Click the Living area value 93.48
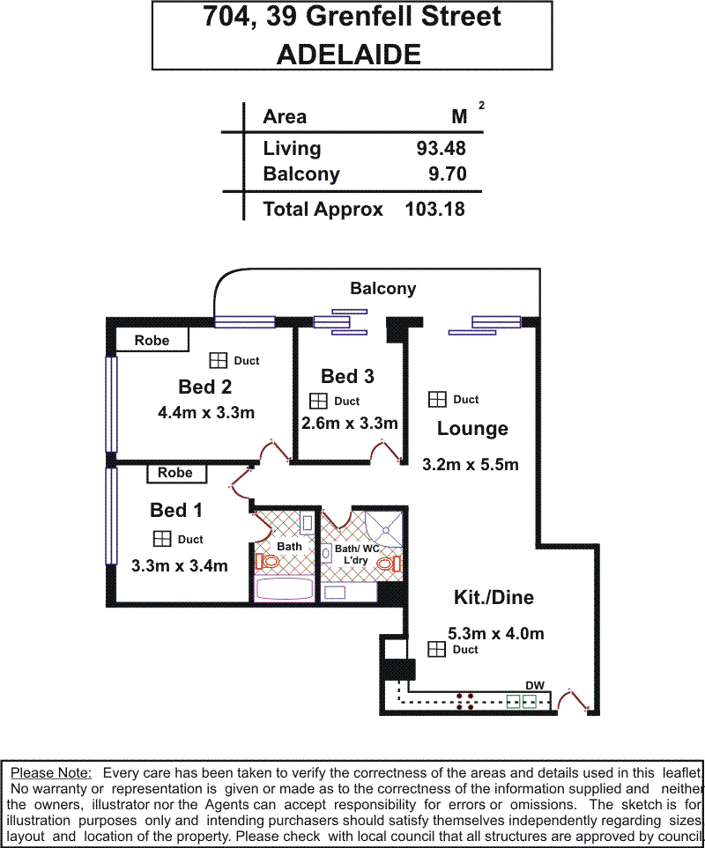pyautogui.click(x=441, y=148)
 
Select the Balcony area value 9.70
pyautogui.click(x=448, y=174)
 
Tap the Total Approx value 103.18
pyautogui.click(x=435, y=210)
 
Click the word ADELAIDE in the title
pyautogui.click(x=349, y=55)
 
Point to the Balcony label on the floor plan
pyautogui.click(x=383, y=289)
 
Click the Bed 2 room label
pyautogui.click(x=205, y=387)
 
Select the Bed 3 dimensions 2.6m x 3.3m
pyautogui.click(x=350, y=423)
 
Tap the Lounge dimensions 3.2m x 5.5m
pyautogui.click(x=471, y=465)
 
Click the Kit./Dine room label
pyautogui.click(x=494, y=598)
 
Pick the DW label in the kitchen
pyautogui.click(x=535, y=686)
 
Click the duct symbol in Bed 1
pyautogui.click(x=162, y=539)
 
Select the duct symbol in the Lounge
pyautogui.click(x=437, y=399)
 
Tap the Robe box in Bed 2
pyautogui.click(x=152, y=340)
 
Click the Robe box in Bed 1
pyautogui.click(x=176, y=473)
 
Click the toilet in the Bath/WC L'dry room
pyautogui.click(x=389, y=564)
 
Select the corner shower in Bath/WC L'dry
pyautogui.click(x=383, y=529)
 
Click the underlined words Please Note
pyautogui.click(x=51, y=773)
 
